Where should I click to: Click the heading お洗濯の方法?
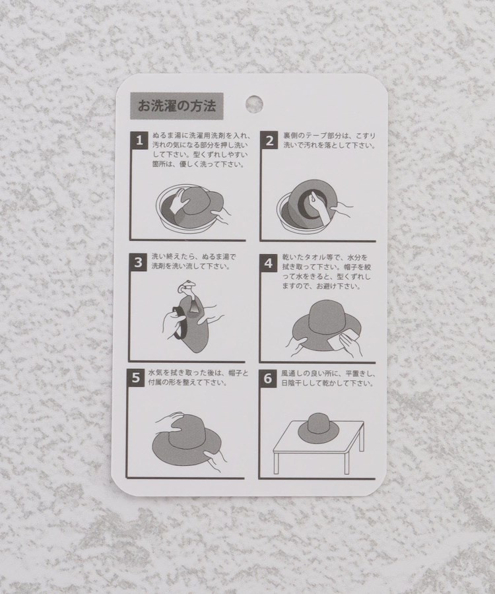176,106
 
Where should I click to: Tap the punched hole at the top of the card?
253,104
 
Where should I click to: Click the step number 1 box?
139,140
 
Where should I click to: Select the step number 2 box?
269,141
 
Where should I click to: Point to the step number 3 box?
138,262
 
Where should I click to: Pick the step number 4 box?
268,263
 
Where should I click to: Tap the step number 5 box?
135,378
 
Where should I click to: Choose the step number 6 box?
267,378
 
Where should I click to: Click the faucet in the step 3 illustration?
188,290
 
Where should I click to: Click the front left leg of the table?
276,462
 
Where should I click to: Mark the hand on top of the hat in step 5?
170,420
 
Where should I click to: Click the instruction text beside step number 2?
329,140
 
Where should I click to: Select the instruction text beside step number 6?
328,378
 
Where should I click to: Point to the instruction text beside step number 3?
193,261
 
